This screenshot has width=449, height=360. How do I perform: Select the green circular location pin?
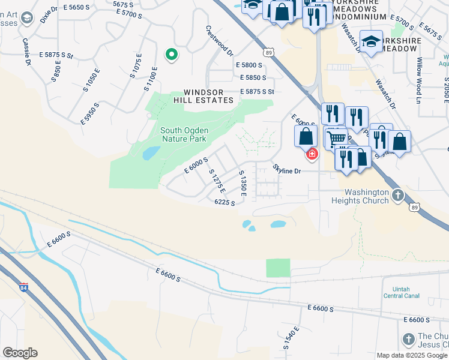click(172, 55)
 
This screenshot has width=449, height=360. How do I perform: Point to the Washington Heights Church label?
click(360, 197)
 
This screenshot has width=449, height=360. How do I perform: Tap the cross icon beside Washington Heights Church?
click(397, 195)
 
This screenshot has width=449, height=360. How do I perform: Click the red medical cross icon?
click(312, 154)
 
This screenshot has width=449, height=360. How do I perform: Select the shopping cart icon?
click(337, 139)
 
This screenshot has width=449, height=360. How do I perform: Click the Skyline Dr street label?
click(286, 170)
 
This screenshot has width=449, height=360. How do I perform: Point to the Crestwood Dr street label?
click(218, 40)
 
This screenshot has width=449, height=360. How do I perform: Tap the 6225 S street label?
click(224, 203)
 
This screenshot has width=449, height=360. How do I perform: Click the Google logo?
click(20, 353)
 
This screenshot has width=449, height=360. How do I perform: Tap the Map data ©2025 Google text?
click(412, 355)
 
